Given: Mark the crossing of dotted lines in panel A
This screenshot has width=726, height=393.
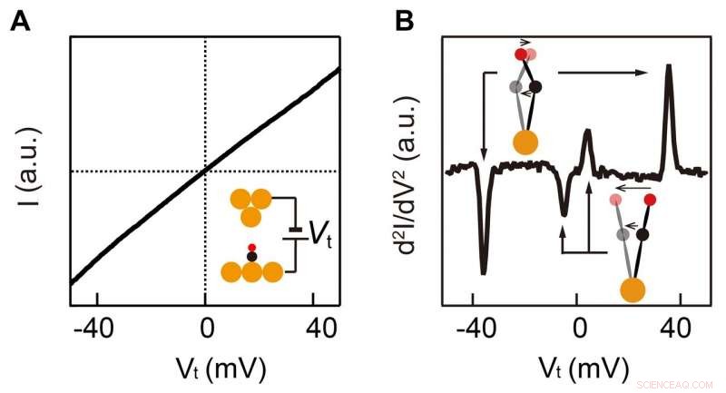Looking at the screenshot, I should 206,171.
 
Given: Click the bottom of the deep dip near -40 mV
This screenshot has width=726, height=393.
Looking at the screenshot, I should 484,272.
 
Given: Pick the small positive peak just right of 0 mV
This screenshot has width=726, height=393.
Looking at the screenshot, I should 587,131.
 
